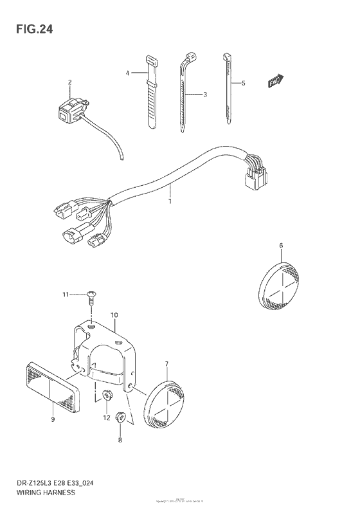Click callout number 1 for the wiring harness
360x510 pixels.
[170, 201]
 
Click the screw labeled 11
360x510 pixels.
[92, 296]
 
